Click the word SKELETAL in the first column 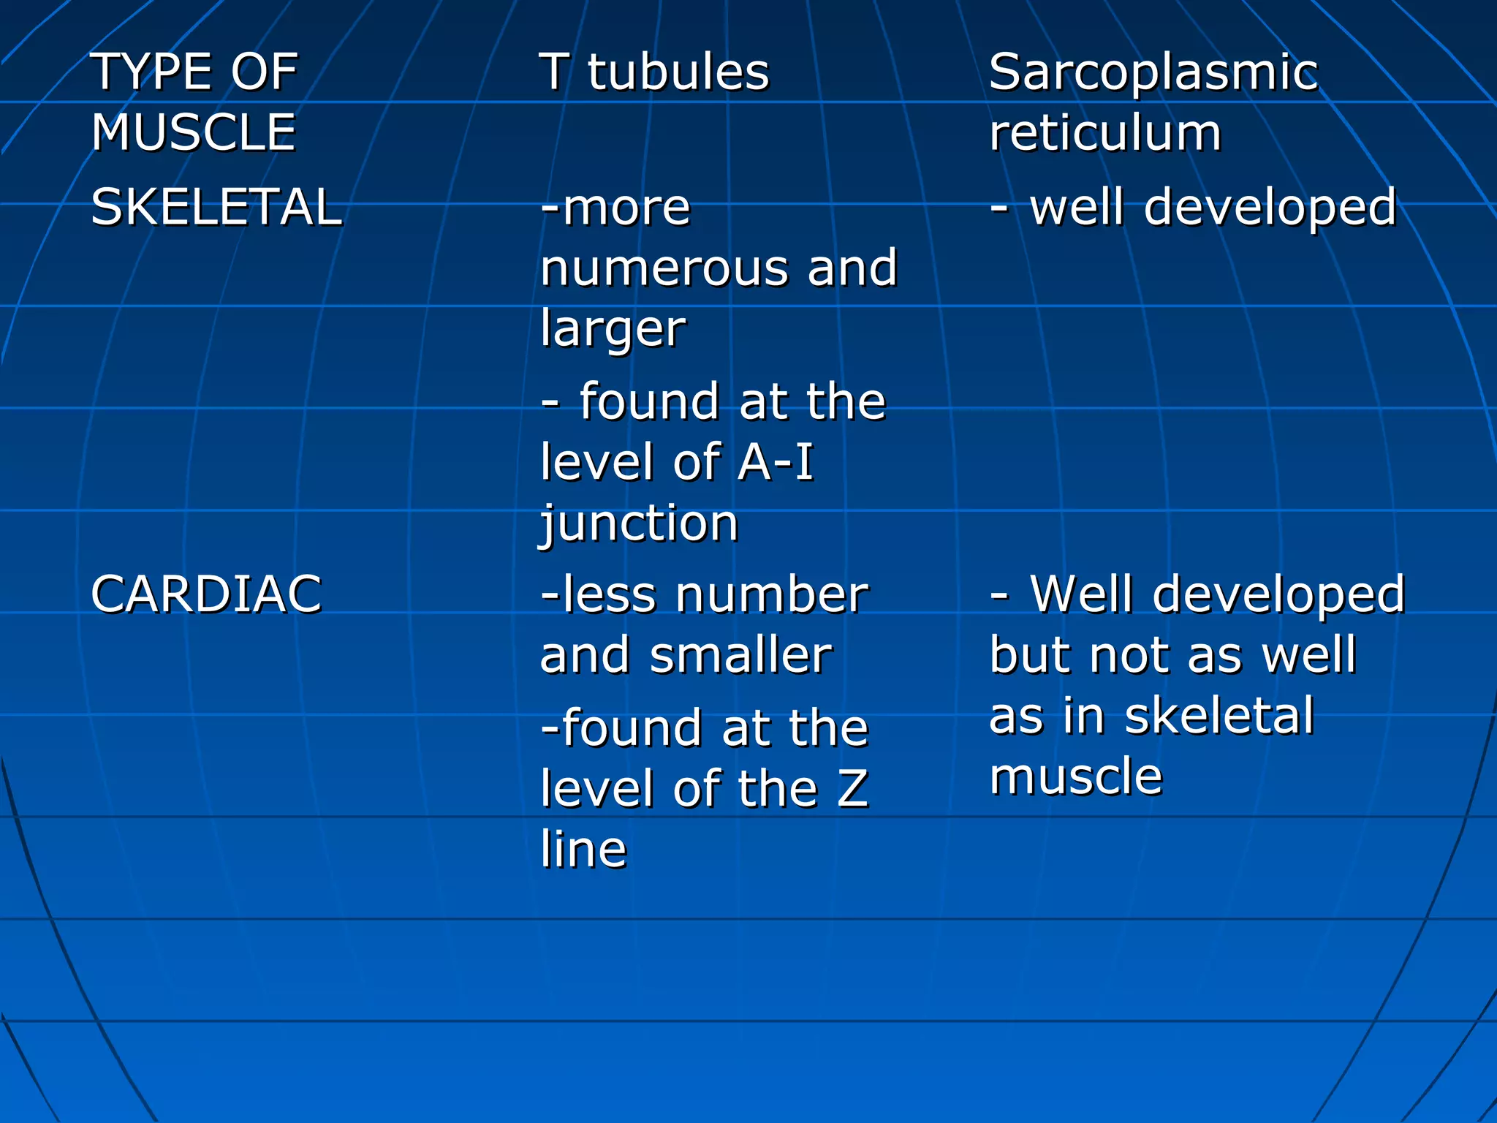point(216,207)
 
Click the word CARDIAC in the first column point(206,594)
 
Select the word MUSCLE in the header point(194,132)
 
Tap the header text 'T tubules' point(654,72)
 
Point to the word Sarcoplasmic point(1153,72)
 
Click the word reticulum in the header point(1104,132)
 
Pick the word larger point(613,329)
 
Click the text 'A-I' point(776,463)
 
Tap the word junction point(639,523)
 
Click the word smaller point(740,655)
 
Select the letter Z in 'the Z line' point(852,790)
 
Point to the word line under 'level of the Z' point(583,850)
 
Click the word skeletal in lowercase point(1219,716)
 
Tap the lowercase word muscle point(1075,776)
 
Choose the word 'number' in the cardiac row point(771,594)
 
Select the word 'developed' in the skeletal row point(1270,208)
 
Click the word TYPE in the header point(152,72)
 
